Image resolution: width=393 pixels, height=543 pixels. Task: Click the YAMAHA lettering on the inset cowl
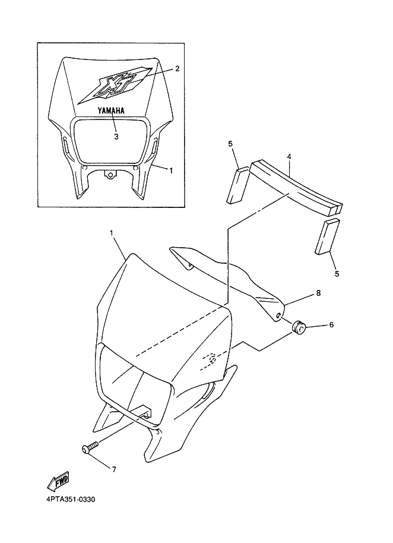(110, 111)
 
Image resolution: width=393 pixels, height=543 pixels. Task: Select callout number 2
(177, 68)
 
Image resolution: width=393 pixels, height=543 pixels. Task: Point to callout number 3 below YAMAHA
(116, 137)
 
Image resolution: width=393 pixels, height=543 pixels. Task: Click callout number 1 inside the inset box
(170, 170)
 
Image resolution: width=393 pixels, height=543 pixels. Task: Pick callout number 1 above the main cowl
(112, 233)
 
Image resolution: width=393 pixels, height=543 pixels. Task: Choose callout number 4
(289, 156)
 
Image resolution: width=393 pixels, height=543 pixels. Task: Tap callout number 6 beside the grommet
(331, 324)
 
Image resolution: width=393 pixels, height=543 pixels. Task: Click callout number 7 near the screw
(114, 469)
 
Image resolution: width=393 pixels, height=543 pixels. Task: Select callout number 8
(318, 293)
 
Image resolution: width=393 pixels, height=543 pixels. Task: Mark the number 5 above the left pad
(230, 144)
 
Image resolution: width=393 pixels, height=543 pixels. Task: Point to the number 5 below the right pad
(337, 273)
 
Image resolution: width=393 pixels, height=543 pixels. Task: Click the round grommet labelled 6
(298, 327)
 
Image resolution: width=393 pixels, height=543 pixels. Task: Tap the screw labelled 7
(90, 448)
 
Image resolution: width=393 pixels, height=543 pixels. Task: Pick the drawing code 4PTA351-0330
(71, 500)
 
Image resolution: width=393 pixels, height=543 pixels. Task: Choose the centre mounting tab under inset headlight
(110, 175)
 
